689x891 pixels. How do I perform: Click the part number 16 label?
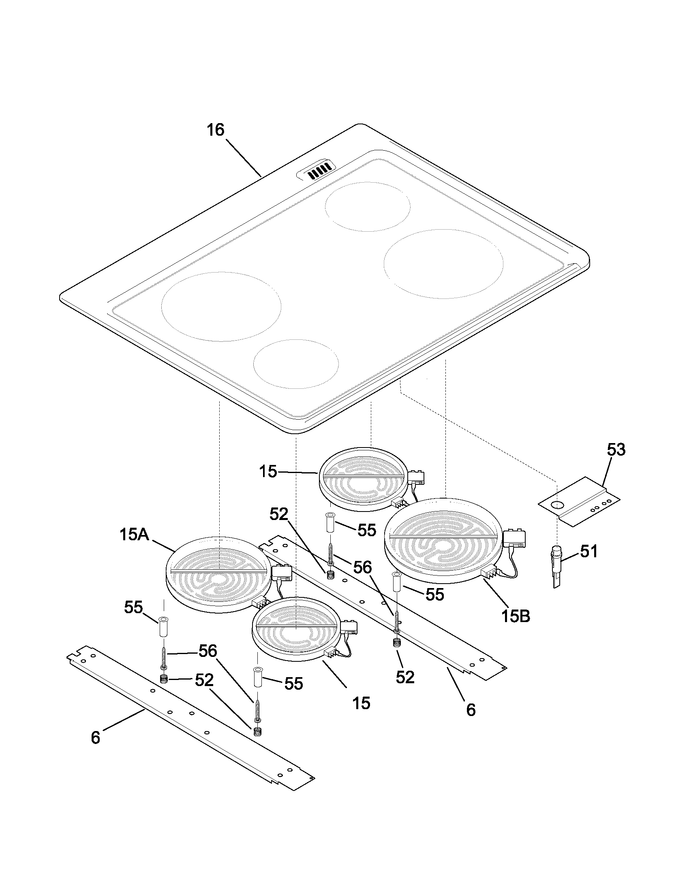coord(216,130)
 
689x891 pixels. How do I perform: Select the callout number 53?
coord(616,450)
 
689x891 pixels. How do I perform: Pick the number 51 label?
coord(588,551)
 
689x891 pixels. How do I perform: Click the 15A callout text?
coord(134,535)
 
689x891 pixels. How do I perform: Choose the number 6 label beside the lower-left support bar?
coord(95,737)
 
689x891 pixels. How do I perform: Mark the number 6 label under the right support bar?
coord(471,710)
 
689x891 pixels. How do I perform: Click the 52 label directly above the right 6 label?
coord(405,677)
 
